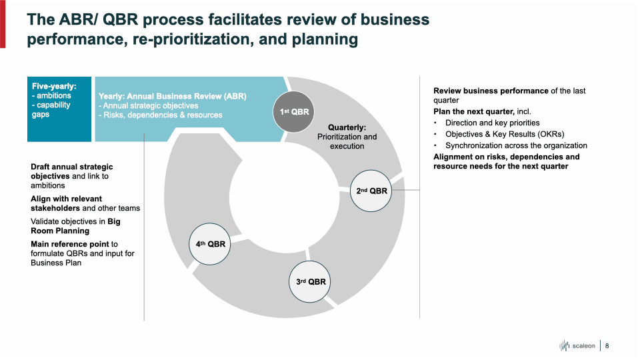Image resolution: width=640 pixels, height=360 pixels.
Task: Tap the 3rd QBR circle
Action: click(311, 281)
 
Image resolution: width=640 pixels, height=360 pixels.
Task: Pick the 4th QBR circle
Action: click(211, 244)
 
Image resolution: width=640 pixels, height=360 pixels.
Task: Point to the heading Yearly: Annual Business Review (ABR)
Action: click(172, 96)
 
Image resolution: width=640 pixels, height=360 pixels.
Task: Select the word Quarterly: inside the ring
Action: click(347, 127)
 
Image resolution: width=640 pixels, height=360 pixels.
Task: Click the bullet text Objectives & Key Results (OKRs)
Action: click(511, 134)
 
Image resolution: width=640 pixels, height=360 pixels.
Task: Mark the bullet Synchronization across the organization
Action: click(516, 145)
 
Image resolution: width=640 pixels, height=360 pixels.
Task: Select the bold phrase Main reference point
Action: click(70, 244)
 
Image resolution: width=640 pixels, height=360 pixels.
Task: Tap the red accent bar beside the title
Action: click(3, 24)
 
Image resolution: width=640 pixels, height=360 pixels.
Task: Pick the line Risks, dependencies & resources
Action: click(160, 115)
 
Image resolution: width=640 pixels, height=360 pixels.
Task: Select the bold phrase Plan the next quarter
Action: click(473, 111)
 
